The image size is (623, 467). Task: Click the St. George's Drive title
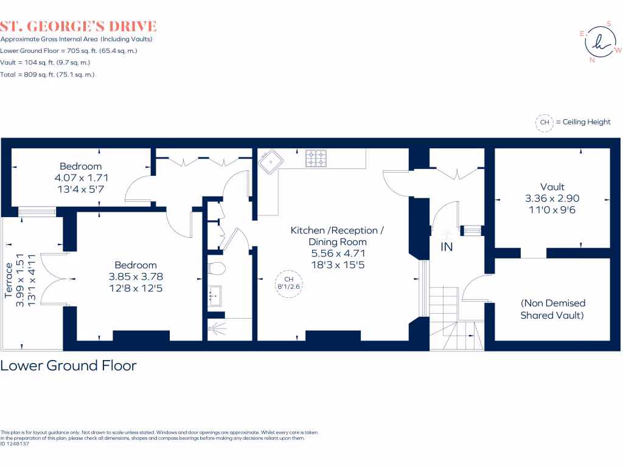click(78, 26)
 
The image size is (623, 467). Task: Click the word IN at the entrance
click(447, 247)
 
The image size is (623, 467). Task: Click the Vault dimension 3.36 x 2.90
click(552, 198)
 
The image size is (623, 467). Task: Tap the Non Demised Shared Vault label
click(552, 309)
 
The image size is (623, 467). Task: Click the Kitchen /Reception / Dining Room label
click(337, 236)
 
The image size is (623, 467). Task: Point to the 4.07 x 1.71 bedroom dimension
click(80, 178)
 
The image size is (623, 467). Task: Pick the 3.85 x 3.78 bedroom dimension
click(136, 276)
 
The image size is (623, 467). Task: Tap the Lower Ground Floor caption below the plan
click(69, 365)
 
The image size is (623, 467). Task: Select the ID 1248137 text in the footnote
click(15, 444)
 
